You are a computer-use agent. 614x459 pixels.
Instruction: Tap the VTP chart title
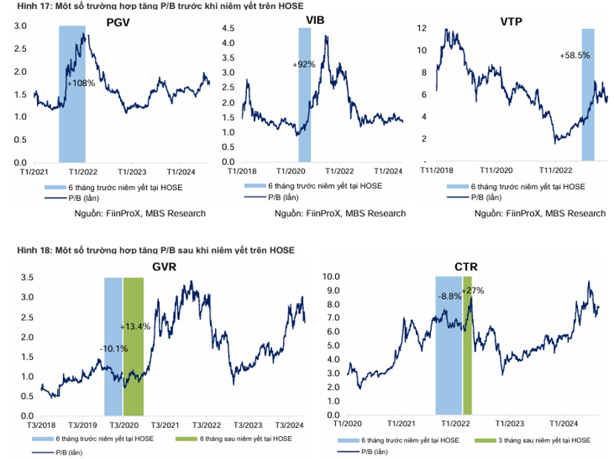(512, 20)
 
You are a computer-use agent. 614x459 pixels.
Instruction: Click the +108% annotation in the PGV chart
(81, 83)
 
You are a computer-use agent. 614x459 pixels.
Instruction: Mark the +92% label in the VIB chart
(304, 65)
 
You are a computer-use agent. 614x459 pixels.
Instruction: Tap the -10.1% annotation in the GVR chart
(113, 349)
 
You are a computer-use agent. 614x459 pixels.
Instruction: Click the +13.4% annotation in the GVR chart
(135, 326)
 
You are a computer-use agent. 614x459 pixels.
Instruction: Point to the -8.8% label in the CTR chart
(449, 296)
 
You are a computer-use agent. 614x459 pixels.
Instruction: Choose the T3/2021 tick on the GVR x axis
(163, 425)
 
